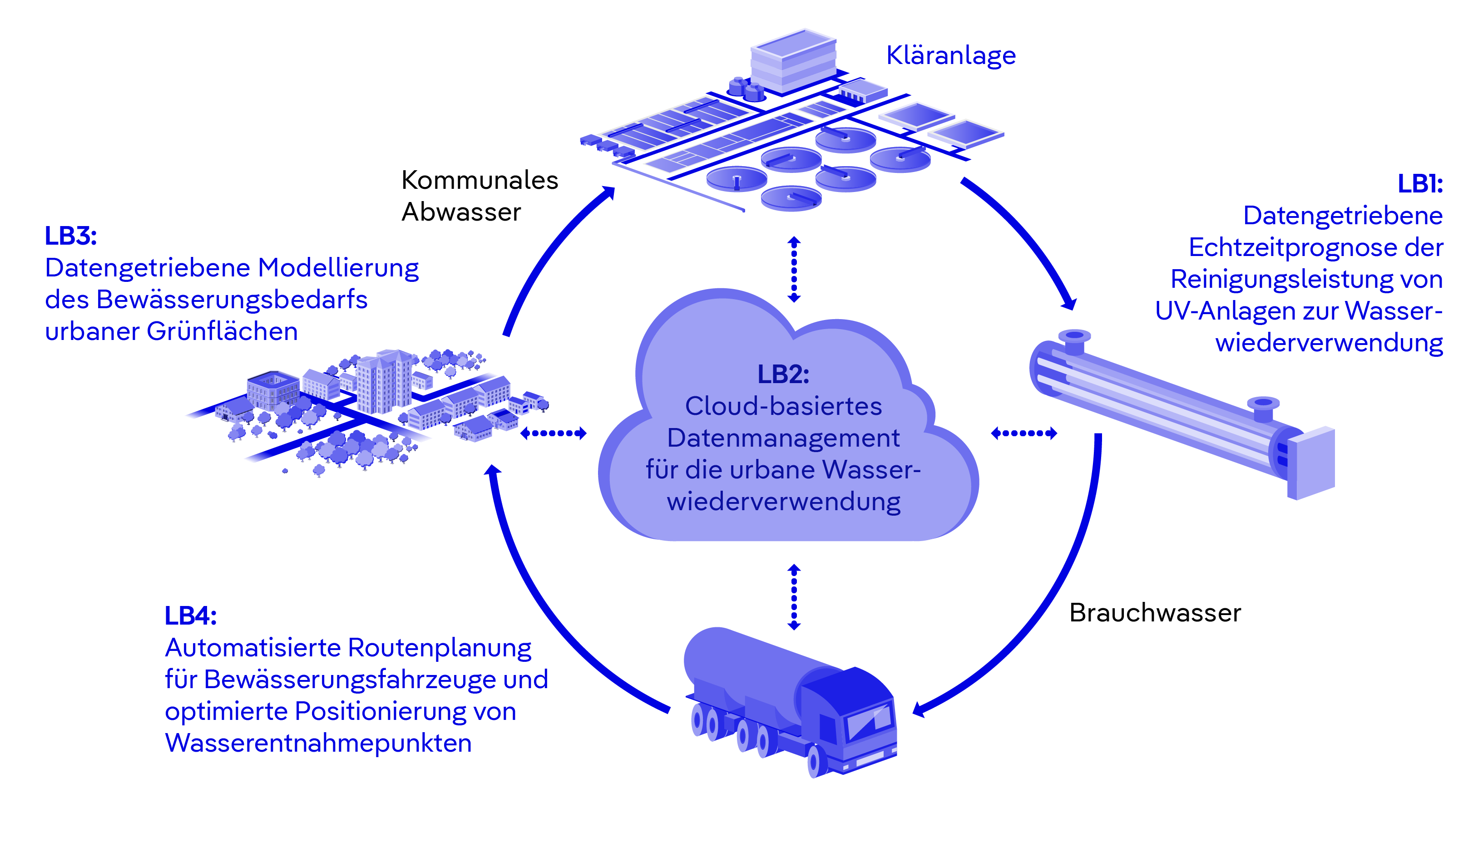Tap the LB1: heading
pos(1419,183)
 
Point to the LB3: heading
pos(70,236)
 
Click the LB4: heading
pos(191,616)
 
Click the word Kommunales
pos(479,180)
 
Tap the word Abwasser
pos(461,212)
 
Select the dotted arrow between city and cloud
pos(553,433)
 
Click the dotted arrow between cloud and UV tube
pos(1023,433)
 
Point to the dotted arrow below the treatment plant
pos(794,269)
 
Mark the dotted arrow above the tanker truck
pos(794,597)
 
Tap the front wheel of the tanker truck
pos(814,762)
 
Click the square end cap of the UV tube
pos(1314,463)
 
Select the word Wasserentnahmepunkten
pos(318,743)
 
